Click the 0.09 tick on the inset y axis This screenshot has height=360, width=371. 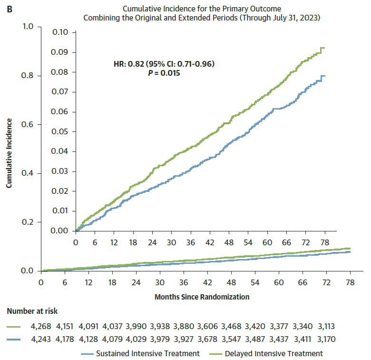click(61, 52)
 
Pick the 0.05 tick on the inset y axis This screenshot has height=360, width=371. click(61, 131)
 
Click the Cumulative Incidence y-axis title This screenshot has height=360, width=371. click(9, 149)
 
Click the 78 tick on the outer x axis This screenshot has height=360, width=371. click(351, 282)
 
